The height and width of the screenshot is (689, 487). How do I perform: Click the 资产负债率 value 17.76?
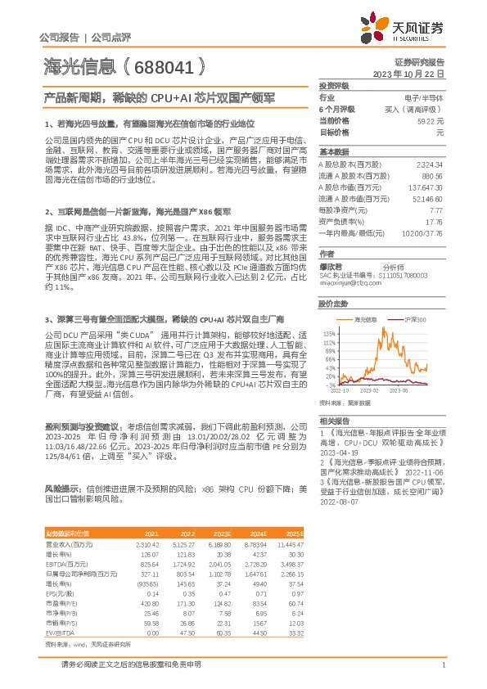434,222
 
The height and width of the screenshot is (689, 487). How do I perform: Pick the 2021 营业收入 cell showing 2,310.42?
124,544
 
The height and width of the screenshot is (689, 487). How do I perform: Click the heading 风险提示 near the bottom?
63,487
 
